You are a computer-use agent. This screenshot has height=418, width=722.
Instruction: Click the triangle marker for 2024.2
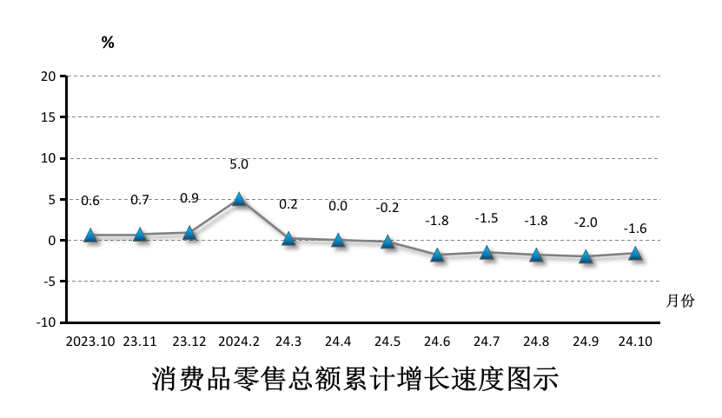click(239, 199)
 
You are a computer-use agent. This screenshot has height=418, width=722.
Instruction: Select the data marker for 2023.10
click(90, 235)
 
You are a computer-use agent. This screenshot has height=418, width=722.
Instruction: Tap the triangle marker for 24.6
click(438, 255)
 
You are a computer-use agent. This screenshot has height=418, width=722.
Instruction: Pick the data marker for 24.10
click(636, 253)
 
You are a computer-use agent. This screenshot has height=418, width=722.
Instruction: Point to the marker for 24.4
click(338, 240)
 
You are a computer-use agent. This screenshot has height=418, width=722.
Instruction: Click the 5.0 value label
click(239, 164)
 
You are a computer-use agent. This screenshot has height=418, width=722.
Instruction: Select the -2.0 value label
click(586, 222)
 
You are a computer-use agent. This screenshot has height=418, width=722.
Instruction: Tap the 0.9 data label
click(189, 198)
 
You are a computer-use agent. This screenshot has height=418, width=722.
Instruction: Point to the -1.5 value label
click(487, 218)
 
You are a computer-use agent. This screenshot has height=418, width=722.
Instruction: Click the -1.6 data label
click(635, 229)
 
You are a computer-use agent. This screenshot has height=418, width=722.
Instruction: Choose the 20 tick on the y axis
click(49, 76)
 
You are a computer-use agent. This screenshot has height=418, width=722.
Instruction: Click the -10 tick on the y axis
click(46, 322)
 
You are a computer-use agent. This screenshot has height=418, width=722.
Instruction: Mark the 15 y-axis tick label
click(49, 117)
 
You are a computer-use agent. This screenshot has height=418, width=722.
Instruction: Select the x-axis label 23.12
click(189, 342)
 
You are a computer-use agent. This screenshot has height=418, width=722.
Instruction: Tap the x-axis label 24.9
click(586, 342)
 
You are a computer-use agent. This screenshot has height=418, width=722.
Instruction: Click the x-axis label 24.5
click(387, 342)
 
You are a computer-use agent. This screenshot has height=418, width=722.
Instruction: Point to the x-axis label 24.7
click(487, 342)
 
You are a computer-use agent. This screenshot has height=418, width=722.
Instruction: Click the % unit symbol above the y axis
click(108, 43)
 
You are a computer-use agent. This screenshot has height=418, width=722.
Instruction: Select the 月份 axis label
click(680, 301)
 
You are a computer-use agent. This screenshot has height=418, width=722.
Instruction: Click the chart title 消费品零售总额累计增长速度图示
click(354, 380)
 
